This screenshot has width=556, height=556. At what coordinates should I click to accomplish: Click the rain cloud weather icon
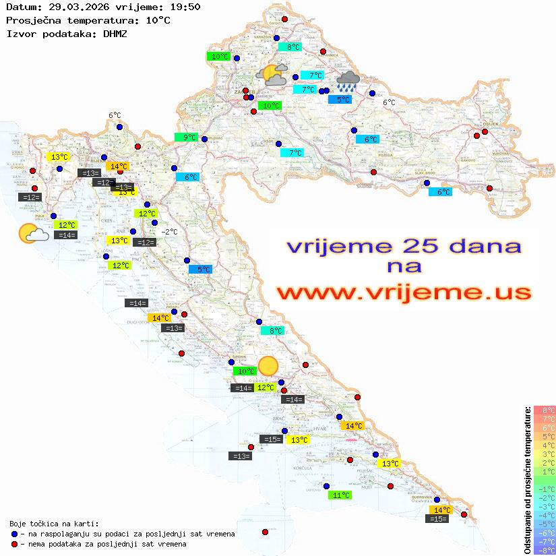coord(348,81)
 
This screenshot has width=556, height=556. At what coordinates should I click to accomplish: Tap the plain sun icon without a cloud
coord(268,366)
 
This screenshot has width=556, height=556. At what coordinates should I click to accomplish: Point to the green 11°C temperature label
coord(340,495)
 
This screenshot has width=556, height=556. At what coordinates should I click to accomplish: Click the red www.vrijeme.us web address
coord(403,292)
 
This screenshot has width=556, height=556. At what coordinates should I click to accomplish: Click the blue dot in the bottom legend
coord(14,534)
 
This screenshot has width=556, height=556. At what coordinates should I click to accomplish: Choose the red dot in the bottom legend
coord(14,544)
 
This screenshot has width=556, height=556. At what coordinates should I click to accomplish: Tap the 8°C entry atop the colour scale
coord(544,410)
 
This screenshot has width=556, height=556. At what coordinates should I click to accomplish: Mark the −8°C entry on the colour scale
coord(544,550)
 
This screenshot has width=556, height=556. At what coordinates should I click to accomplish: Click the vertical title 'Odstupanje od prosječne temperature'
coord(527,480)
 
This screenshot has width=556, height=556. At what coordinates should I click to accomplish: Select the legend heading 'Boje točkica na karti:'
coord(54,524)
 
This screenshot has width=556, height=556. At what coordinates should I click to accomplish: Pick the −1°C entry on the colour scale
coord(544,489)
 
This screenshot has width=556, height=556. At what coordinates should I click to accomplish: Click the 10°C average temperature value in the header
coord(158,20)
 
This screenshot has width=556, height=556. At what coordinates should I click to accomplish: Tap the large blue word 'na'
coord(404,266)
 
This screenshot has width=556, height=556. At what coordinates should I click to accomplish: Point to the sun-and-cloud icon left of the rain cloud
coord(272,74)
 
